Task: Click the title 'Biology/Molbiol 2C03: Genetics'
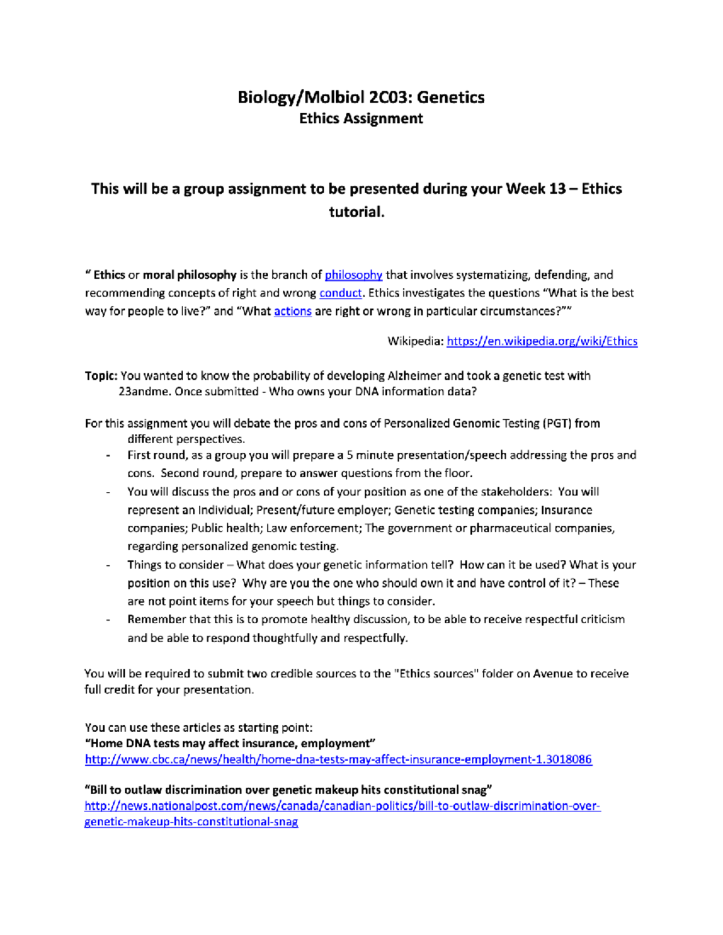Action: pyautogui.click(x=361, y=97)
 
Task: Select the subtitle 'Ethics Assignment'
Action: pyautogui.click(x=361, y=119)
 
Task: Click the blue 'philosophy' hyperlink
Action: pyautogui.click(x=353, y=275)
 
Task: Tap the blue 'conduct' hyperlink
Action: pyautogui.click(x=340, y=293)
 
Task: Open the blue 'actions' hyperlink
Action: pyautogui.click(x=292, y=311)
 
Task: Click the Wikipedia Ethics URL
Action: pyautogui.click(x=542, y=341)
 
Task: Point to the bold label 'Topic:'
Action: pyautogui.click(x=101, y=376)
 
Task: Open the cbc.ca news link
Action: pyautogui.click(x=338, y=760)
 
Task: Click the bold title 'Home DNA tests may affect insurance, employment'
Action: pyautogui.click(x=230, y=744)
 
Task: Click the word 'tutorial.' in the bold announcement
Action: pyautogui.click(x=356, y=212)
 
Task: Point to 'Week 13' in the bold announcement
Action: pyautogui.click(x=535, y=189)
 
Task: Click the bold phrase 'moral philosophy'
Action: pyautogui.click(x=189, y=275)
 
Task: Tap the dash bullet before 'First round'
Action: pyautogui.click(x=108, y=456)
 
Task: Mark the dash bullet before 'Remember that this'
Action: pyautogui.click(x=108, y=620)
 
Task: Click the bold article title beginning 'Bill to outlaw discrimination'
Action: pyautogui.click(x=288, y=790)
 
